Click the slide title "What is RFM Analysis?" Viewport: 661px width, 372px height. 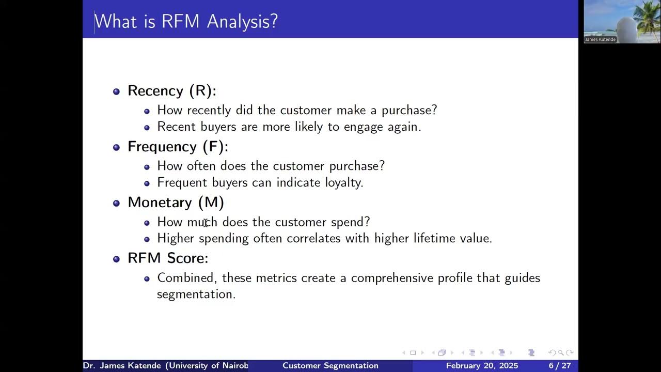click(x=186, y=21)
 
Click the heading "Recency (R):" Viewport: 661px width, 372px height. click(x=171, y=91)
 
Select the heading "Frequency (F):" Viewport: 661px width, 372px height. click(x=178, y=147)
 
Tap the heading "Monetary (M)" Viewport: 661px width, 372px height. click(x=176, y=203)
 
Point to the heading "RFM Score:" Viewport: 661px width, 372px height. click(x=168, y=258)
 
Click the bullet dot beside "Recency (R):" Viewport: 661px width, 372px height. click(x=116, y=91)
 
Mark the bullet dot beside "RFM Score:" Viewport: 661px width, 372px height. click(x=116, y=259)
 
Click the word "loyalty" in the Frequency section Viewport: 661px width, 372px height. click(x=343, y=182)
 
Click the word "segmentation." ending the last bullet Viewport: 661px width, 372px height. click(x=196, y=295)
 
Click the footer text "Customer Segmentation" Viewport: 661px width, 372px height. click(x=330, y=366)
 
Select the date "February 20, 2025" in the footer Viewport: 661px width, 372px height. click(x=482, y=366)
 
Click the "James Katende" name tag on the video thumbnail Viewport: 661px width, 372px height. click(x=600, y=40)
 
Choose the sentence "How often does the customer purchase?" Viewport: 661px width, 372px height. click(x=271, y=166)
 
